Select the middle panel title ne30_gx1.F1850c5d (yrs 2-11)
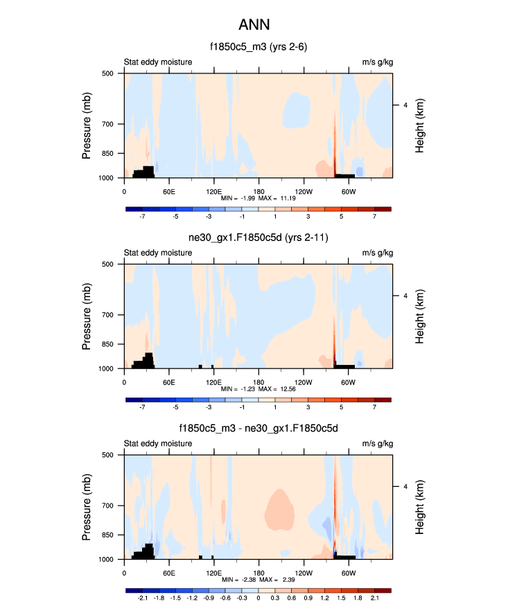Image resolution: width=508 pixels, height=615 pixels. (x=259, y=238)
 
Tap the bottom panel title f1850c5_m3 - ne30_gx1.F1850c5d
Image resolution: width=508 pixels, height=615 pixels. (x=259, y=429)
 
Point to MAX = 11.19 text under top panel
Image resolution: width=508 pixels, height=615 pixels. (x=282, y=198)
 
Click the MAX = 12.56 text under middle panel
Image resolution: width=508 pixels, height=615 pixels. (x=282, y=389)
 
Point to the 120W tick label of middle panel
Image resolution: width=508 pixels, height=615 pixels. (x=303, y=382)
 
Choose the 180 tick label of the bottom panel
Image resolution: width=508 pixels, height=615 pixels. (x=259, y=573)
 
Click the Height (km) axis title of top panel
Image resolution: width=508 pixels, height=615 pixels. (x=420, y=125)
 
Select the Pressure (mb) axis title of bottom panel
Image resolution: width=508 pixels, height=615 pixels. (x=87, y=507)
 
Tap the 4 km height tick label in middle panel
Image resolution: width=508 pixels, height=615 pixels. (x=404, y=296)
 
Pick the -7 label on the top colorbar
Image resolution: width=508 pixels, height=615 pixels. (x=143, y=216)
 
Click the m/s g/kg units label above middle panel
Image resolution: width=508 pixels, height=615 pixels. (x=377, y=253)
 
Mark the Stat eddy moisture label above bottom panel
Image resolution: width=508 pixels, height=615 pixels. (x=158, y=444)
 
